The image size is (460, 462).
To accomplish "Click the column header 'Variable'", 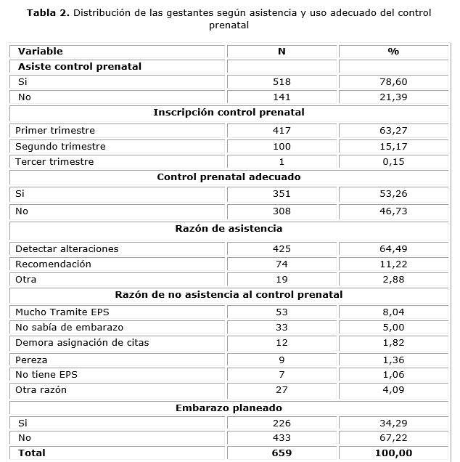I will (x=41, y=52).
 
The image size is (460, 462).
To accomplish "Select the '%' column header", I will (x=394, y=52).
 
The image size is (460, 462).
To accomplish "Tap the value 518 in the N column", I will (x=282, y=82).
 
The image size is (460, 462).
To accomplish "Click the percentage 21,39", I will (x=394, y=97).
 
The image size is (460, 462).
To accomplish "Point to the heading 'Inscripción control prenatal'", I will (x=229, y=113).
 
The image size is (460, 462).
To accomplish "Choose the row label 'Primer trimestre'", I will (x=55, y=131).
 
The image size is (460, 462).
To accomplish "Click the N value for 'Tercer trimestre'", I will (x=282, y=161).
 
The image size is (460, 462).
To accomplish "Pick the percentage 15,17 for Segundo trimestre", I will (x=394, y=146).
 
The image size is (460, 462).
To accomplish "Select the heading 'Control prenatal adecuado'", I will (x=229, y=177).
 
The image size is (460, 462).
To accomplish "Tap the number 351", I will (x=282, y=194).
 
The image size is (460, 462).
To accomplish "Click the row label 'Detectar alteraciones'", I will (x=67, y=248).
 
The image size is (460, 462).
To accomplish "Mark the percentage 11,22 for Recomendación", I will (x=394, y=264).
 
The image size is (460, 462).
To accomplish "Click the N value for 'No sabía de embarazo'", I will (x=282, y=328).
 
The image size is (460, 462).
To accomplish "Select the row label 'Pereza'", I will (x=30, y=360).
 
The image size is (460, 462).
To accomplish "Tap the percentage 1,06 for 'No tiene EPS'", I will (x=394, y=374).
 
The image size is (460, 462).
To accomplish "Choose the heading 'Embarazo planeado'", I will (x=229, y=408).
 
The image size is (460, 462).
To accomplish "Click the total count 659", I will (x=282, y=453).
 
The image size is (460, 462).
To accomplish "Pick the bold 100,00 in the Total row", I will (x=394, y=453).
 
